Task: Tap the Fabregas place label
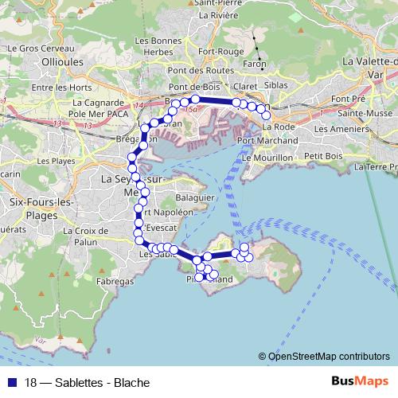pyautogui.click(x=114, y=282)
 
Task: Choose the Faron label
pyautogui.click(x=254, y=64)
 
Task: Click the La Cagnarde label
pyautogui.click(x=96, y=103)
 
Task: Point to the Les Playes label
pyautogui.click(x=56, y=160)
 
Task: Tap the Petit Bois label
pyautogui.click(x=322, y=156)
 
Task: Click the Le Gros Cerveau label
pyautogui.click(x=34, y=48)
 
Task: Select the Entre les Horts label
pyautogui.click(x=58, y=88)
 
